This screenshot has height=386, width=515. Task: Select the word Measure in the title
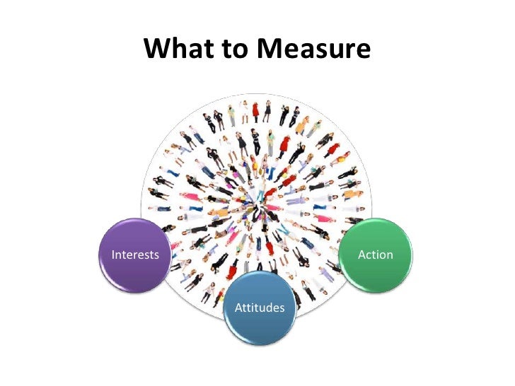[313, 50]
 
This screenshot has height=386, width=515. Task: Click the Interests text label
[135, 255]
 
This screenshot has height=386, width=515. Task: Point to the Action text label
[376, 255]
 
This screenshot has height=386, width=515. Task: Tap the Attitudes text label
[259, 308]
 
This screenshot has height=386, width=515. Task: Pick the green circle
[376, 253]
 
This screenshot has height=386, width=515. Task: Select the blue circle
[259, 306]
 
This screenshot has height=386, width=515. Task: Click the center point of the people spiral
[257, 205]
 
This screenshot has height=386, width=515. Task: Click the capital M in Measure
[269, 50]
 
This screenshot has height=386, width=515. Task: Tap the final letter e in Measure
[362, 52]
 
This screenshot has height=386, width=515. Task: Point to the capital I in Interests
[113, 255]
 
